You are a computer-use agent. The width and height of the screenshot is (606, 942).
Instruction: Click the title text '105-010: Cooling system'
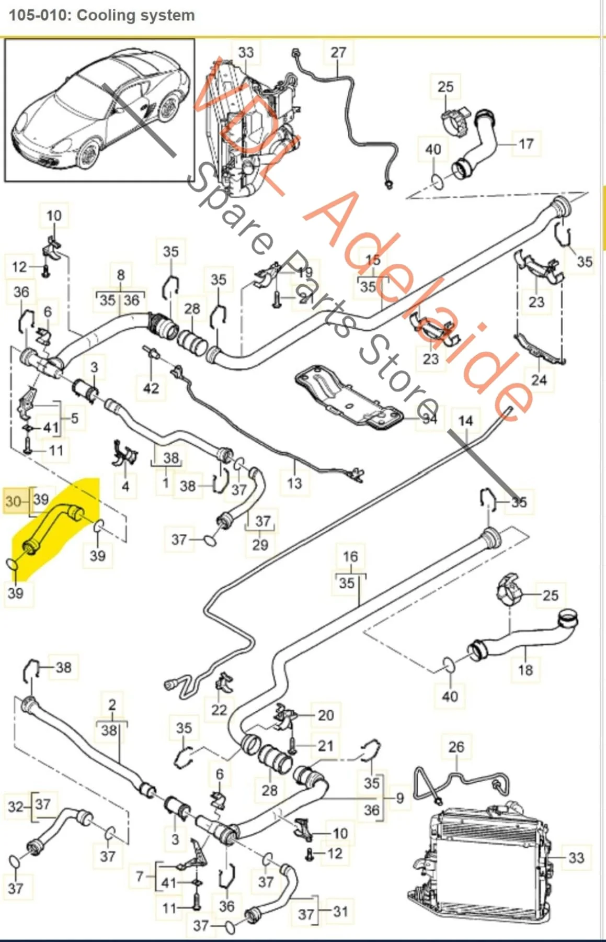click(102, 15)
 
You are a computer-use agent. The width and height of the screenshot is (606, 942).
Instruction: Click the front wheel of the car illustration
click(87, 153)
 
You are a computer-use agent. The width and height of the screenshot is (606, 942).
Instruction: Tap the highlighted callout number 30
click(13, 501)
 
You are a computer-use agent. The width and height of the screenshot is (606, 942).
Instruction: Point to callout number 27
click(338, 52)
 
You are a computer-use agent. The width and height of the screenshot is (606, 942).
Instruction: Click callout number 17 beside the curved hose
click(525, 143)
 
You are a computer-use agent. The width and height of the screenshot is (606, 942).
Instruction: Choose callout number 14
click(465, 421)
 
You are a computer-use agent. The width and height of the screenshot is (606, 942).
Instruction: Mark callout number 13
click(294, 483)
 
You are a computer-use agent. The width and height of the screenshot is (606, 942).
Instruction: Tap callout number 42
click(151, 388)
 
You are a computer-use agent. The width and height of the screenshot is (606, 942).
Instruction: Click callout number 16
click(350, 556)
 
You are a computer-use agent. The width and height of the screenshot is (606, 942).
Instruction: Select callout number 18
click(525, 669)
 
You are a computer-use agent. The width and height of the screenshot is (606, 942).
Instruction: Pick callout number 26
click(456, 747)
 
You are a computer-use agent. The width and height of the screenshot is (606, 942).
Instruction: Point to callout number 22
click(219, 710)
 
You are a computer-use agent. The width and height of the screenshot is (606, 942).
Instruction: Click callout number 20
click(325, 715)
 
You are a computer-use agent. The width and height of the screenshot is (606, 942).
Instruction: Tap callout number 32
click(16, 806)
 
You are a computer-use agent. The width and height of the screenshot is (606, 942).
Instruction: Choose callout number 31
click(340, 911)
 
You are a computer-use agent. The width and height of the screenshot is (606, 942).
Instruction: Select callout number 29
click(260, 545)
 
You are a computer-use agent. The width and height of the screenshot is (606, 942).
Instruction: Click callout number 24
click(539, 379)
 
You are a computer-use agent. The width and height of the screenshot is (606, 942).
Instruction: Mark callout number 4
click(125, 486)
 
